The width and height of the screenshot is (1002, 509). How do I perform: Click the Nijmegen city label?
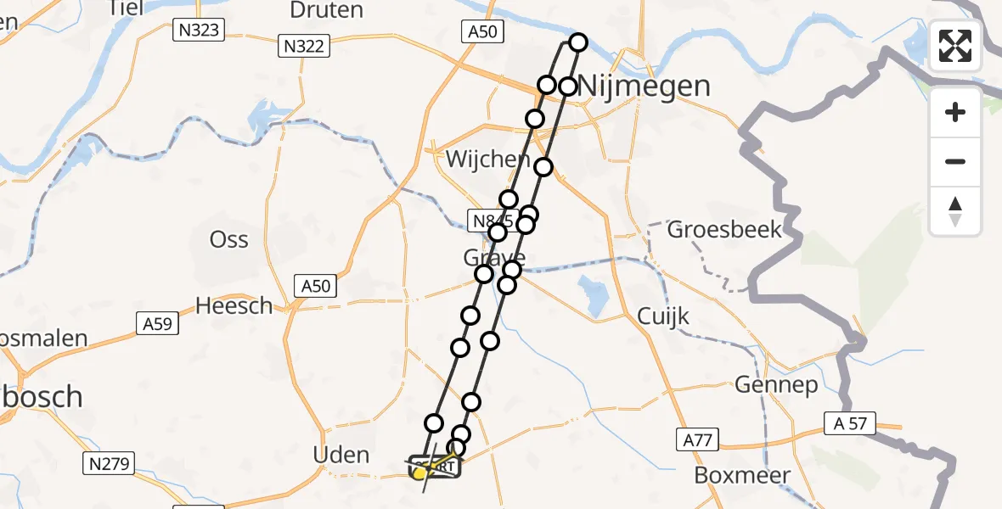tap(645, 86)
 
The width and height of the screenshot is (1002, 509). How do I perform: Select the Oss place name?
tap(229, 239)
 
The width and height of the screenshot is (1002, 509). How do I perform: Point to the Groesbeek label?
tap(724, 229)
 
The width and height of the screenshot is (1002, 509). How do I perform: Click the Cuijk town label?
tap(663, 317)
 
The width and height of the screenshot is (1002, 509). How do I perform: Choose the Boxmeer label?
tap(742, 475)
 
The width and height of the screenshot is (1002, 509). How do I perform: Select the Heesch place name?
tap(234, 305)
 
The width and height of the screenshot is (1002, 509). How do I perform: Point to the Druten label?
tap(327, 10)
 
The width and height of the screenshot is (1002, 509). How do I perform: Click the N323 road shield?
tap(197, 31)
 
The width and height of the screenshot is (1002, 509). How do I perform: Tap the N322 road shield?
tap(303, 47)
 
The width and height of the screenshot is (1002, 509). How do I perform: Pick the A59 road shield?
tap(157, 322)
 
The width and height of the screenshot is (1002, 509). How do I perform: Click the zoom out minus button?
tap(955, 161)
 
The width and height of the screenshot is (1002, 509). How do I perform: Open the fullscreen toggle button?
tap(955, 46)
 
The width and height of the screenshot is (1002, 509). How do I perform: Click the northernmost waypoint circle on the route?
tap(578, 42)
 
